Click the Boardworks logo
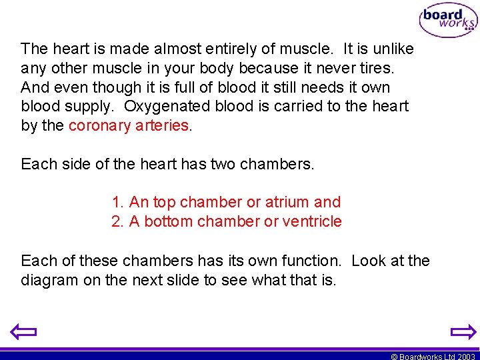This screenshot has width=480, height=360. pos(447,21)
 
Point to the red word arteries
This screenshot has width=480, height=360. pos(163,126)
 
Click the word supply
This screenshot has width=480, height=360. pos(89,107)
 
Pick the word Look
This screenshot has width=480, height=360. pos(368,261)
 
